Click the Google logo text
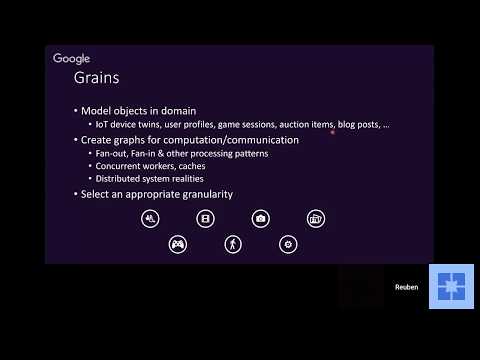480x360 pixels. pyautogui.click(x=71, y=59)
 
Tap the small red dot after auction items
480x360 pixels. pyautogui.click(x=332, y=130)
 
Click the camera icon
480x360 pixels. pyautogui.click(x=260, y=218)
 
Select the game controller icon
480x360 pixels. pyautogui.click(x=178, y=243)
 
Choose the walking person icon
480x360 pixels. pyautogui.click(x=233, y=243)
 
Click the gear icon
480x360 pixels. pyautogui.click(x=288, y=243)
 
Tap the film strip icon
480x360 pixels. pyautogui.click(x=205, y=218)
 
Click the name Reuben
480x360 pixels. pyautogui.click(x=406, y=287)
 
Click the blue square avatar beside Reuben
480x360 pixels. pyautogui.click(x=451, y=287)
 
